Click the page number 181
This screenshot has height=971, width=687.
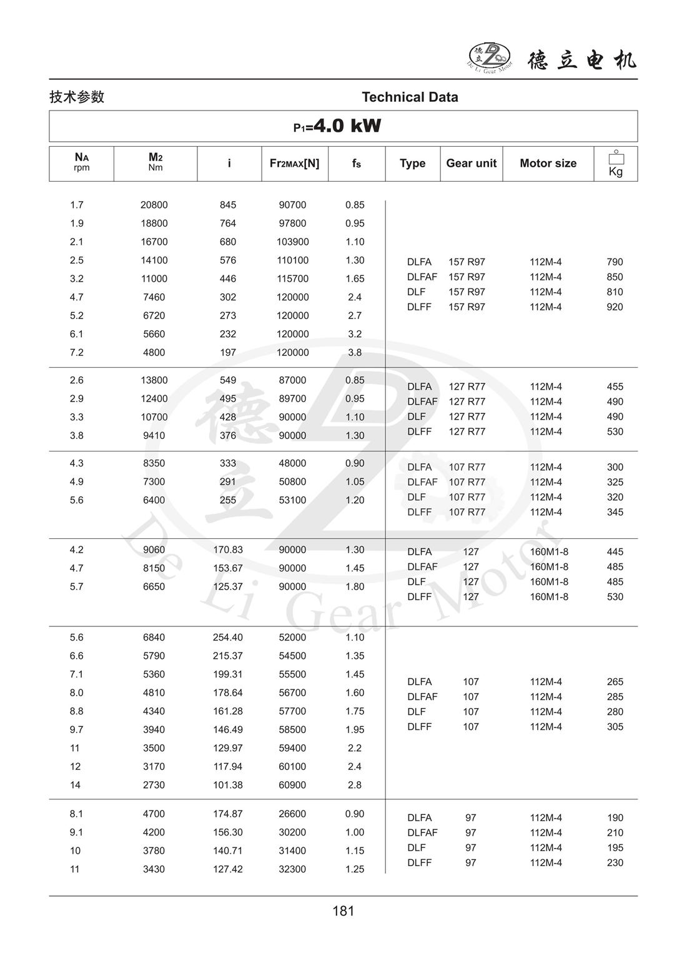[343, 911]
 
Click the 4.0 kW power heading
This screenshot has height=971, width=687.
[338, 126]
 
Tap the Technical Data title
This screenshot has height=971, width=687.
[410, 97]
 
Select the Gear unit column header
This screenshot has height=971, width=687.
[471, 163]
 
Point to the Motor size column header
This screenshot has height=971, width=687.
[548, 163]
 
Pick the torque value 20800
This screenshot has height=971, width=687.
[154, 205]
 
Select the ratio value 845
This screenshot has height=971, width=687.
[228, 205]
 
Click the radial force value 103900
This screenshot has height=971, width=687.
[293, 242]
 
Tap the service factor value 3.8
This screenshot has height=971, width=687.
[355, 352]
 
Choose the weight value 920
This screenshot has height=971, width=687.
[615, 307]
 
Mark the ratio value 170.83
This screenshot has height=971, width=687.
[228, 550]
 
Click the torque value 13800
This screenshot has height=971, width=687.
[154, 380]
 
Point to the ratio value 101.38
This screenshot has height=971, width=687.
[228, 785]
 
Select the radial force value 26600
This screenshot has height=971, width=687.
[292, 814]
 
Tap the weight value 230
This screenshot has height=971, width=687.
[615, 862]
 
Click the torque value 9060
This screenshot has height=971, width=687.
[154, 550]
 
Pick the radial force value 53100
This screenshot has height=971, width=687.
[292, 500]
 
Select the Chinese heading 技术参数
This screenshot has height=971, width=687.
[77, 97]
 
